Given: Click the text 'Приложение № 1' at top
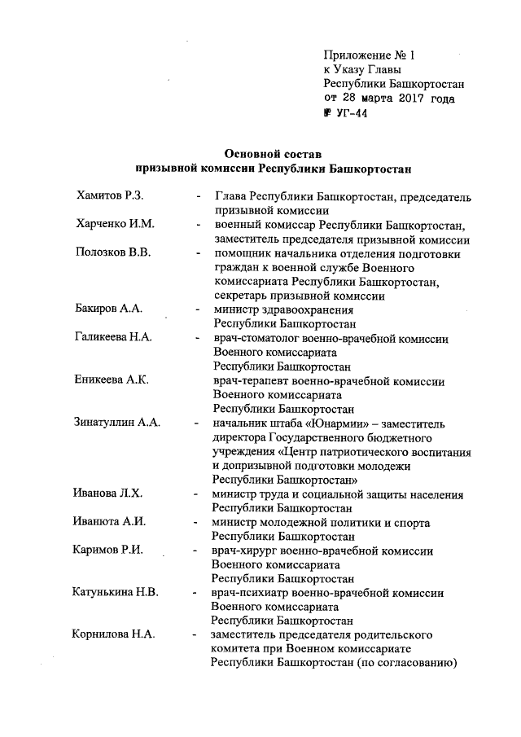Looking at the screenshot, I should coord(370,55).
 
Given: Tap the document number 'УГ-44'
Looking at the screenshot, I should coord(352,114).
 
